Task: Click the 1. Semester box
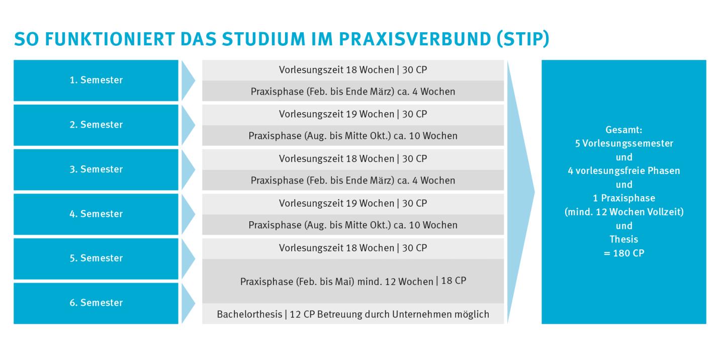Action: pyautogui.click(x=96, y=80)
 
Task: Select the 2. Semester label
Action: pyautogui.click(x=96, y=125)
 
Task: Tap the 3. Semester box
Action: pyautogui.click(x=96, y=169)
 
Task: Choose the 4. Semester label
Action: pyautogui.click(x=96, y=214)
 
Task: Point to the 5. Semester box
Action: pyautogui.click(x=96, y=258)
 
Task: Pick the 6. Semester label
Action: pyautogui.click(x=96, y=303)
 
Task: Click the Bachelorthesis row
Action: pyautogui.click(x=353, y=314)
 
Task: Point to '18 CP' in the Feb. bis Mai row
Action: pyautogui.click(x=454, y=281)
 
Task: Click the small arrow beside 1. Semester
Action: pyautogui.click(x=188, y=80)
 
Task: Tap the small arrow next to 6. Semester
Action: pyautogui.click(x=188, y=303)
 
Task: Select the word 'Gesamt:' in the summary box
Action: pyautogui.click(x=624, y=130)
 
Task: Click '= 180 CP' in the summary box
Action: pyautogui.click(x=624, y=253)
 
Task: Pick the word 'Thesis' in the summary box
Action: pyautogui.click(x=624, y=240)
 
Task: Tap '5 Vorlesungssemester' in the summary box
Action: pyautogui.click(x=624, y=143)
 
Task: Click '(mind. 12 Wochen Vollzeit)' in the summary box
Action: pyautogui.click(x=624, y=212)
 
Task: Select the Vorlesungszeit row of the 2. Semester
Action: pyautogui.click(x=353, y=114)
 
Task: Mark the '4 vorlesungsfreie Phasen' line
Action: pyautogui.click(x=624, y=171)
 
